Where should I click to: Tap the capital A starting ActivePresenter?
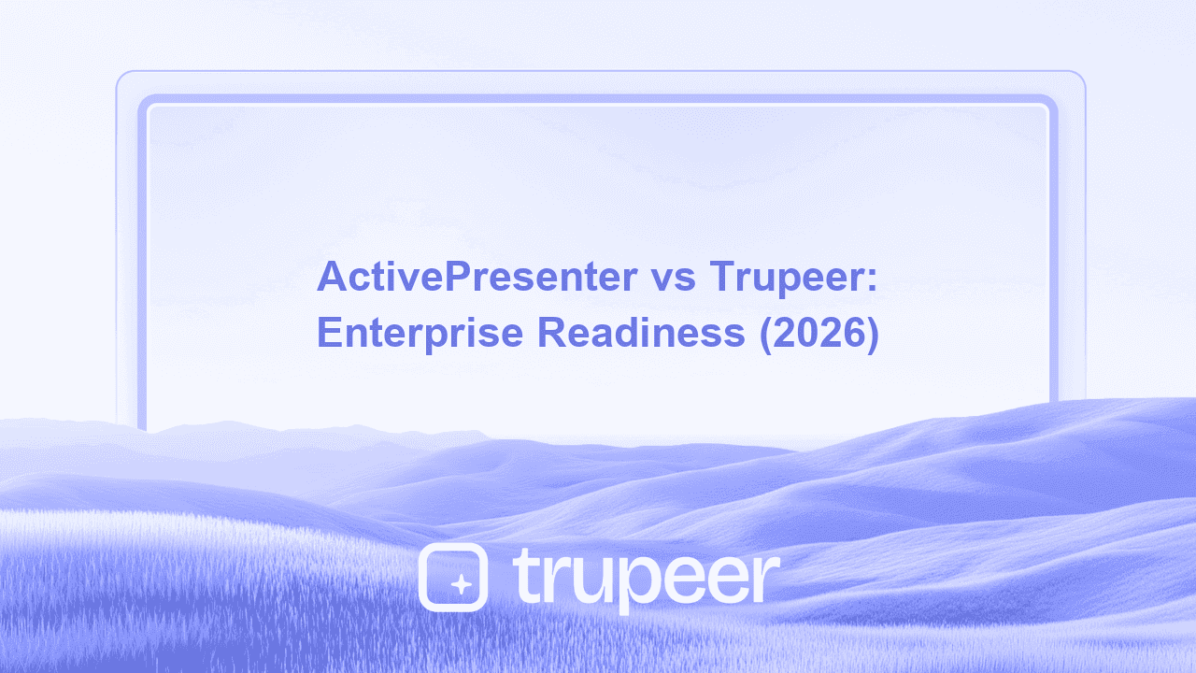coord(330,277)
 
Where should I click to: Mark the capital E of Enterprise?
coord(328,333)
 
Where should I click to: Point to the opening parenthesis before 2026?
coord(766,335)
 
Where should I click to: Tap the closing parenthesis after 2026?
coord(872,335)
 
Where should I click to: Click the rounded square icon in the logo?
coord(453,577)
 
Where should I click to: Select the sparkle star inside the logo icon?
coord(460,584)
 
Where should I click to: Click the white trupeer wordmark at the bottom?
coord(646,579)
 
